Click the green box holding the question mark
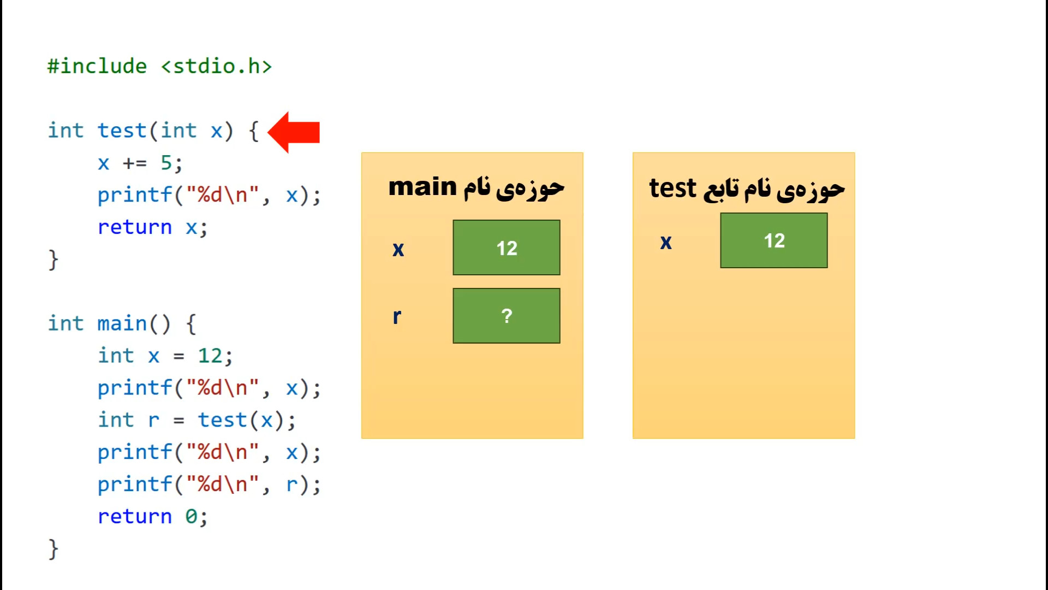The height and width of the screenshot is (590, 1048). tap(507, 316)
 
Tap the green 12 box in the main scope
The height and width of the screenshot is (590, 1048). tap(507, 247)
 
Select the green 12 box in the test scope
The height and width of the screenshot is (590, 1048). tap(774, 240)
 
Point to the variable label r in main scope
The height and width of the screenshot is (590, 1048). tap(397, 316)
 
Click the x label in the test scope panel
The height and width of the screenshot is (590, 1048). tap(666, 242)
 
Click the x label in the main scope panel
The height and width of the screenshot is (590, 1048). tap(398, 250)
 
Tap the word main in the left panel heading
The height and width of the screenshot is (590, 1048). tap(422, 187)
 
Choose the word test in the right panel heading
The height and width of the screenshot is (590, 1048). tap(672, 188)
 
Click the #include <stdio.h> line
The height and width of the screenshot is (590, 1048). tap(159, 66)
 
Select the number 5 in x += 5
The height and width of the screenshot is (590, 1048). tap(166, 163)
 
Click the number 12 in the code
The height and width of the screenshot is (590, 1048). tap(210, 356)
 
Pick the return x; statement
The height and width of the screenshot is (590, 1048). tap(153, 227)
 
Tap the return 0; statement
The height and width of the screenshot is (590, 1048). tap(153, 516)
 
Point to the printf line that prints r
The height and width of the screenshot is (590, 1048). tap(210, 485)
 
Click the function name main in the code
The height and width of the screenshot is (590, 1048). tap(122, 323)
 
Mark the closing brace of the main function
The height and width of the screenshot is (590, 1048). tap(53, 549)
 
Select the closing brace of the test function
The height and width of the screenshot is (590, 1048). tap(53, 260)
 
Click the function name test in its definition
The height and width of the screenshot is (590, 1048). tap(122, 131)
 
